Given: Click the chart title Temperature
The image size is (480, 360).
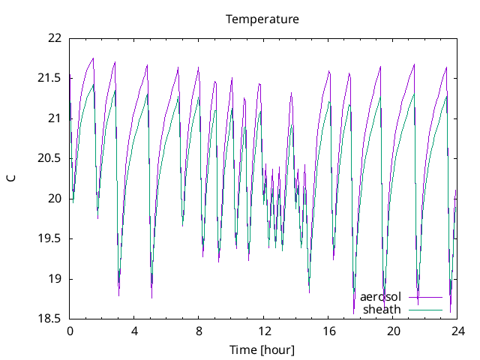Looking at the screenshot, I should pyautogui.click(x=262, y=19).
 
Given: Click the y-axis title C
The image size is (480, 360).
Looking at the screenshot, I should pyautogui.click(x=11, y=178).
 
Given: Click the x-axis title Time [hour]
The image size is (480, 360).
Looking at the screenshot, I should pyautogui.click(x=262, y=349).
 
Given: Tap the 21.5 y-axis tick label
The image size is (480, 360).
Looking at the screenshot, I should pyautogui.click(x=51, y=78).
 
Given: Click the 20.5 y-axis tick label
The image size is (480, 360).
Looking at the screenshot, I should pyautogui.click(x=51, y=158).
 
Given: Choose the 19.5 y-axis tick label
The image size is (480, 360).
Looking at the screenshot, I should pyautogui.click(x=51, y=238).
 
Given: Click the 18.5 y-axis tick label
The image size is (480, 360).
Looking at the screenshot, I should pyautogui.click(x=51, y=319).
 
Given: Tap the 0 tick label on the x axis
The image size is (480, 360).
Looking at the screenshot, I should pyautogui.click(x=70, y=331).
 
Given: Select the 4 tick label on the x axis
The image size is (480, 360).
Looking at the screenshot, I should pyautogui.click(x=134, y=331).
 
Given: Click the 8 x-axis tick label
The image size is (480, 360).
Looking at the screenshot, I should pyautogui.click(x=199, y=331).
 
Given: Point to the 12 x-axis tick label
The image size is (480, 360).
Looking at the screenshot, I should pyautogui.click(x=264, y=331).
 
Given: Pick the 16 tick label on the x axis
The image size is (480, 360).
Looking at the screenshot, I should pyautogui.click(x=328, y=331).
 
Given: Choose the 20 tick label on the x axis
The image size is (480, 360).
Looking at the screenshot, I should pyautogui.click(x=394, y=331).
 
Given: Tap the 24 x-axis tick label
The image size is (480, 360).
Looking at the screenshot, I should pyautogui.click(x=458, y=331).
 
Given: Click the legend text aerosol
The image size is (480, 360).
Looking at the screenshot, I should pyautogui.click(x=380, y=297).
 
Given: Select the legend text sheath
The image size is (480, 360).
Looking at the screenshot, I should pyautogui.click(x=382, y=309).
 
